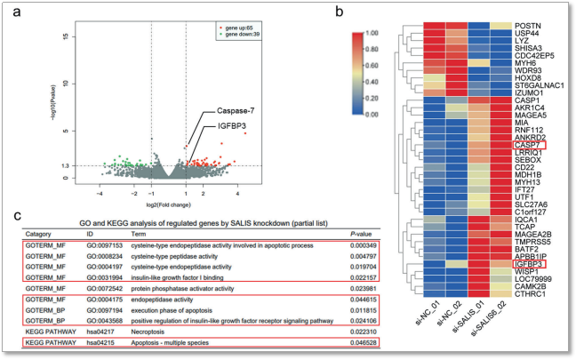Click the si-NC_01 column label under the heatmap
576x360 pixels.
(x=425, y=324)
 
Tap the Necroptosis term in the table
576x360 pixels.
(x=167, y=332)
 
